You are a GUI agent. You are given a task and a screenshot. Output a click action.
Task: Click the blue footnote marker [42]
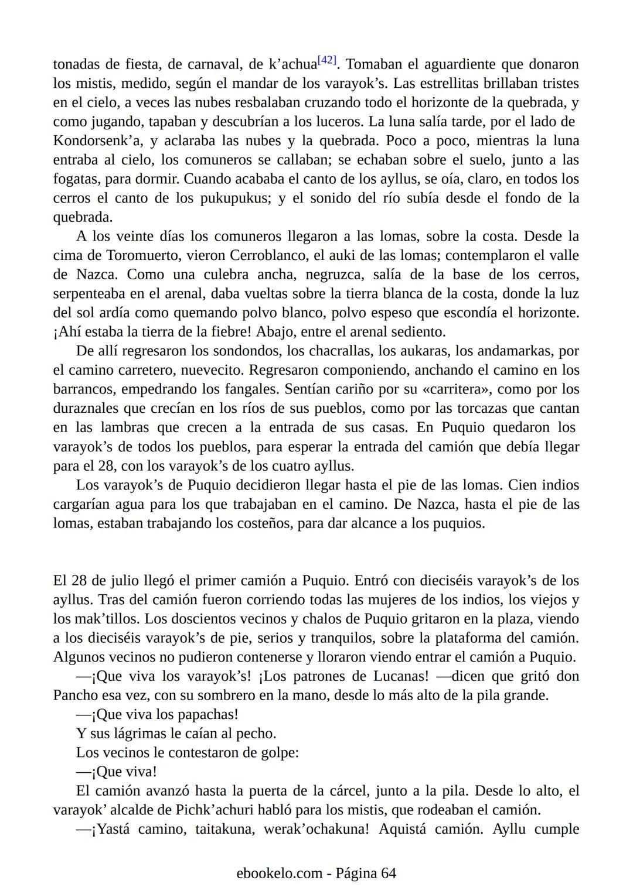pyautogui.click(x=326, y=60)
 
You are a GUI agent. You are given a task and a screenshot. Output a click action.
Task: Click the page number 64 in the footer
pyautogui.click(x=389, y=874)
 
